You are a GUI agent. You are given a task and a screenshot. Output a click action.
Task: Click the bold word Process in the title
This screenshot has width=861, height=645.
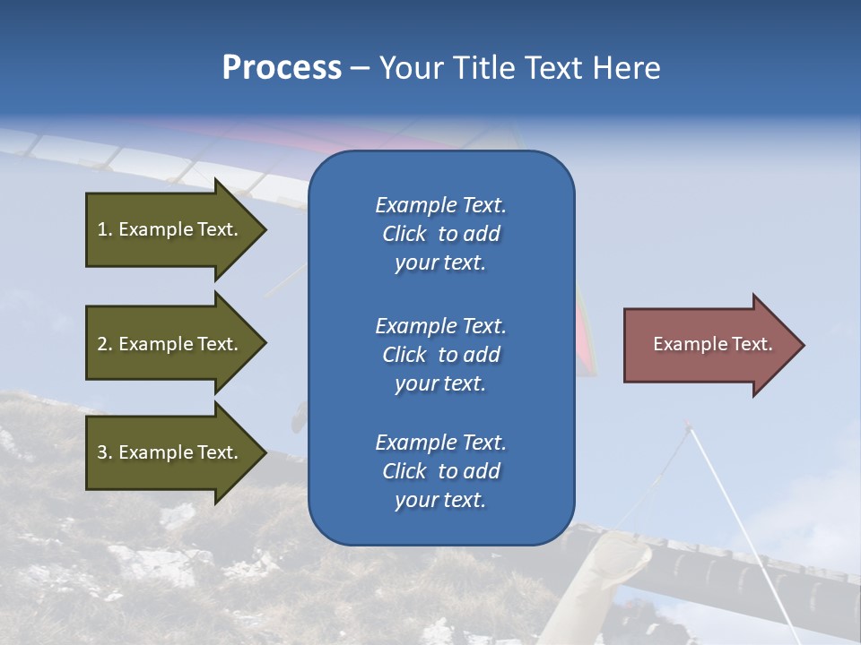(282, 68)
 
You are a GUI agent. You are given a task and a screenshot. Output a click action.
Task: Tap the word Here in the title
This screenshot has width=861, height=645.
(624, 68)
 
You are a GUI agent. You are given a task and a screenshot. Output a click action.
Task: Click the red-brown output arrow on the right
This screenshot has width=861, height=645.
(709, 345)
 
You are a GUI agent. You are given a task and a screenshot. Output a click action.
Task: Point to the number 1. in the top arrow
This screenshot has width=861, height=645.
(105, 229)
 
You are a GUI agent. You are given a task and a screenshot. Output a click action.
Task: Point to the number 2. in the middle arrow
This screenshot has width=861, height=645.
(105, 344)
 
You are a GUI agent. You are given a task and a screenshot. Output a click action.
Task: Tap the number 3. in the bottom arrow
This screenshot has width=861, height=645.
(105, 452)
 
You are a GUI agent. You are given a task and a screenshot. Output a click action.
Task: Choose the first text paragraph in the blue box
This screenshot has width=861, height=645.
(440, 234)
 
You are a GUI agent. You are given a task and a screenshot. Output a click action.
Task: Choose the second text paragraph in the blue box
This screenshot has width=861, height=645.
(440, 355)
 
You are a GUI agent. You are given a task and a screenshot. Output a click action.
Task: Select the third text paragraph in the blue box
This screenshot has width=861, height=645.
(440, 471)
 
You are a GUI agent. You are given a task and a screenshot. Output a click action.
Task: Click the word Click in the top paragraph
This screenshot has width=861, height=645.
(404, 234)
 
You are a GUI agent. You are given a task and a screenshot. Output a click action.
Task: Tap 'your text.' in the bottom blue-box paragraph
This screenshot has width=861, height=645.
(440, 500)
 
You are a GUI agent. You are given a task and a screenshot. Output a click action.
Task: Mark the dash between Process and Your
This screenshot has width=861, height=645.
(360, 68)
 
